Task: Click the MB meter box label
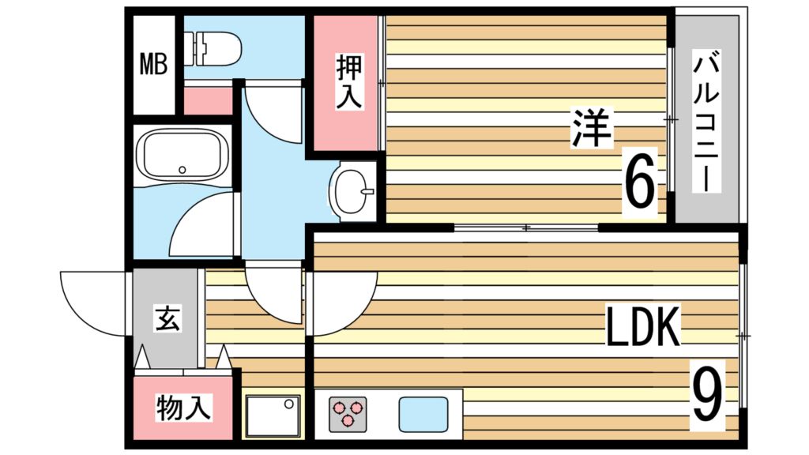point(154,64)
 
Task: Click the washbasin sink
point(352,190)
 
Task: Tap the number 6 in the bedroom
point(639,181)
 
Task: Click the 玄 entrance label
point(166,321)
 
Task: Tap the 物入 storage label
point(183,408)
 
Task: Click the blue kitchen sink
point(422,412)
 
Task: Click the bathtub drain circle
point(182,168)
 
